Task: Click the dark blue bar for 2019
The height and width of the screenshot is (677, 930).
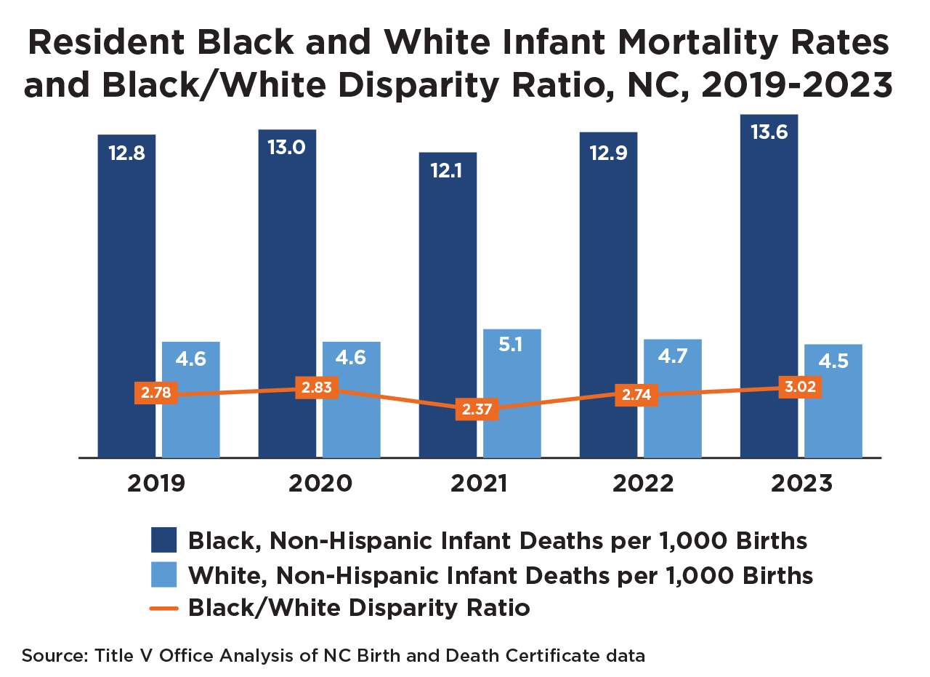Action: click(126, 291)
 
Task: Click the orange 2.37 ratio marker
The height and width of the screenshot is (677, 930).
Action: click(476, 409)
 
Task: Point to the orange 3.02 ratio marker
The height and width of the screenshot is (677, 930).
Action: click(799, 387)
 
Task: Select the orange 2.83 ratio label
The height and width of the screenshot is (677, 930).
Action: click(316, 388)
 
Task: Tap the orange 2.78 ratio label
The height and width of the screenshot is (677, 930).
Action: click(155, 393)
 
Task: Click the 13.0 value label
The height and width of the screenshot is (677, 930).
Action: click(287, 148)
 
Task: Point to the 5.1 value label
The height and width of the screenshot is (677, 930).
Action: click(511, 344)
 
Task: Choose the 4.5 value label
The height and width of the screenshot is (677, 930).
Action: click(833, 361)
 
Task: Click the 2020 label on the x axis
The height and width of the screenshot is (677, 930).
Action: click(320, 484)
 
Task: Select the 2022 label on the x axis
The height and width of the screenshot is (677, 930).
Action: click(642, 484)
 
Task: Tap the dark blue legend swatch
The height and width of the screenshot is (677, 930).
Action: click(163, 540)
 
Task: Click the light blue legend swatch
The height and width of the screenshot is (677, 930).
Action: click(163, 574)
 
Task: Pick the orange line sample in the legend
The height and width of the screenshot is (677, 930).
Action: click(163, 608)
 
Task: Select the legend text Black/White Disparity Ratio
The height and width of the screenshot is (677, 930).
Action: click(359, 608)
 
